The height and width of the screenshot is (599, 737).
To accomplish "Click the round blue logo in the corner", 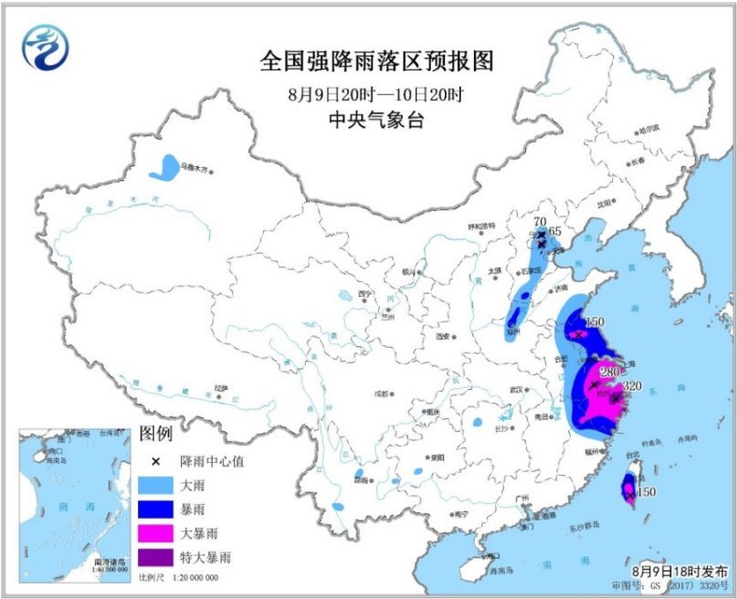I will click(46, 47).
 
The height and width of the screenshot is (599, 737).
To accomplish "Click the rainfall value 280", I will click(609, 372).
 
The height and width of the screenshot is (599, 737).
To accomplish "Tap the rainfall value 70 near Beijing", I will click(539, 221).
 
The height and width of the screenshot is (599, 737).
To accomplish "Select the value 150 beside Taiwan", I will click(646, 492).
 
